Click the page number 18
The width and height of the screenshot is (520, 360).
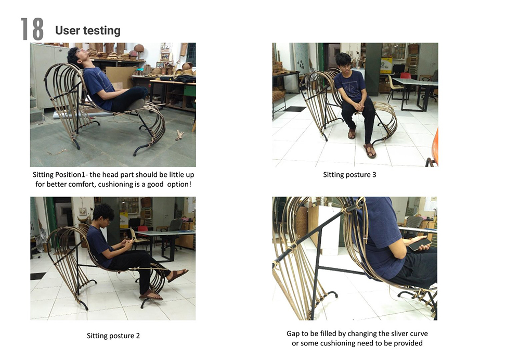coord(32,29)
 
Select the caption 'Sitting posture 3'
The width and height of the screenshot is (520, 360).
coord(349,175)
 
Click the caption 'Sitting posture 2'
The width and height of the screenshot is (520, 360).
coord(113,336)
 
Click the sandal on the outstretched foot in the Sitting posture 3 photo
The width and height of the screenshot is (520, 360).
coord(370,151)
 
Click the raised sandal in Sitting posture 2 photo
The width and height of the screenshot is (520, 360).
coord(178,275)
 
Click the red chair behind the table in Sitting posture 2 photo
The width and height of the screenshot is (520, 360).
coord(143,229)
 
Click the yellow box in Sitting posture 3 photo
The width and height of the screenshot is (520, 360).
coord(386,65)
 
